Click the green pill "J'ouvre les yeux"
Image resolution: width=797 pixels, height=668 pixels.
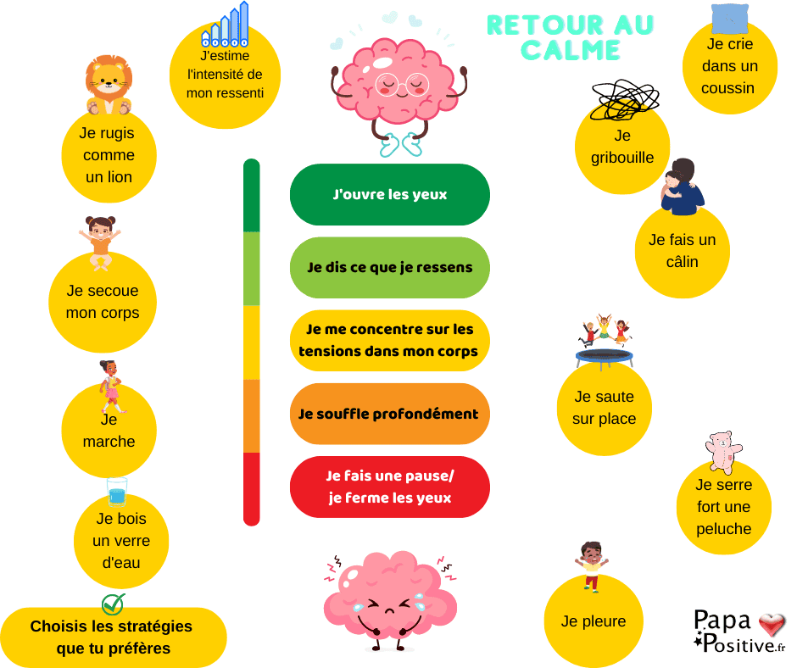(x=390, y=195)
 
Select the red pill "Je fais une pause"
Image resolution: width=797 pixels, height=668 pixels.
(x=390, y=487)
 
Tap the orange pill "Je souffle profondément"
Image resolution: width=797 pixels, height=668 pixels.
(x=390, y=414)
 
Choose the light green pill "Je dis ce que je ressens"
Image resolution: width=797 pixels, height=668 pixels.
(x=390, y=267)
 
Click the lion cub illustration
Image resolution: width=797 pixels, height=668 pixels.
(x=109, y=85)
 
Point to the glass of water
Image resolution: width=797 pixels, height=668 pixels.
(x=117, y=493)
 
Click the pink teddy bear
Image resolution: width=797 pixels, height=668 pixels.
(x=722, y=452)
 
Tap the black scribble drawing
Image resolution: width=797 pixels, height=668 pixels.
(x=625, y=100)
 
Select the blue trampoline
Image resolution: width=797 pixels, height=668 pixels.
(x=605, y=358)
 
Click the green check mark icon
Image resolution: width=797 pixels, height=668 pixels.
(x=113, y=604)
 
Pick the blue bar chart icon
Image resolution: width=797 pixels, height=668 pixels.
(x=226, y=25)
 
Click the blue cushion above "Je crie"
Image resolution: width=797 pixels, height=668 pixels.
(x=730, y=19)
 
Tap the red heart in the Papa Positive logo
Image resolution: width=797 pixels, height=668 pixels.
(x=772, y=624)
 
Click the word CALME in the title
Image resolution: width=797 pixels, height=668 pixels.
(x=571, y=50)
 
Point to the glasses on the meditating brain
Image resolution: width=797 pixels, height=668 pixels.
(x=402, y=85)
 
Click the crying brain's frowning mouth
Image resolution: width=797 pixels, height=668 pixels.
(x=389, y=610)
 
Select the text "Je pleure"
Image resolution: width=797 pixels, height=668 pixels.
(x=594, y=621)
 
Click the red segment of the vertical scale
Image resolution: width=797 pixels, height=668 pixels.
(x=252, y=489)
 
